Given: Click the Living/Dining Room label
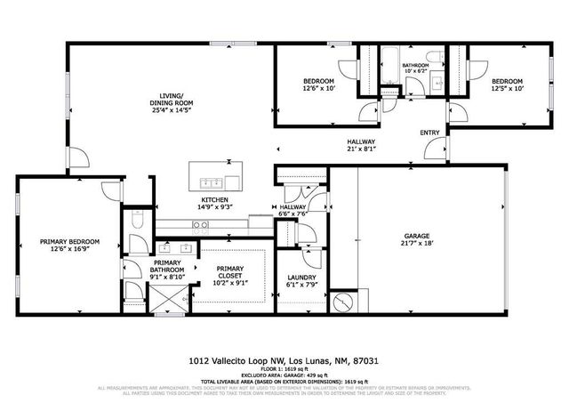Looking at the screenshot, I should pyautogui.click(x=171, y=100).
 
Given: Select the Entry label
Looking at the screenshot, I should pyautogui.click(x=429, y=133).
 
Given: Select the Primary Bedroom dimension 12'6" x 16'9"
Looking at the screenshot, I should pyautogui.click(x=68, y=250).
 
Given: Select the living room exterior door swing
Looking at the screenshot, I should pyautogui.click(x=78, y=158).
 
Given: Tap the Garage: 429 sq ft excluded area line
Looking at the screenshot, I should pyautogui.click(x=284, y=377).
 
